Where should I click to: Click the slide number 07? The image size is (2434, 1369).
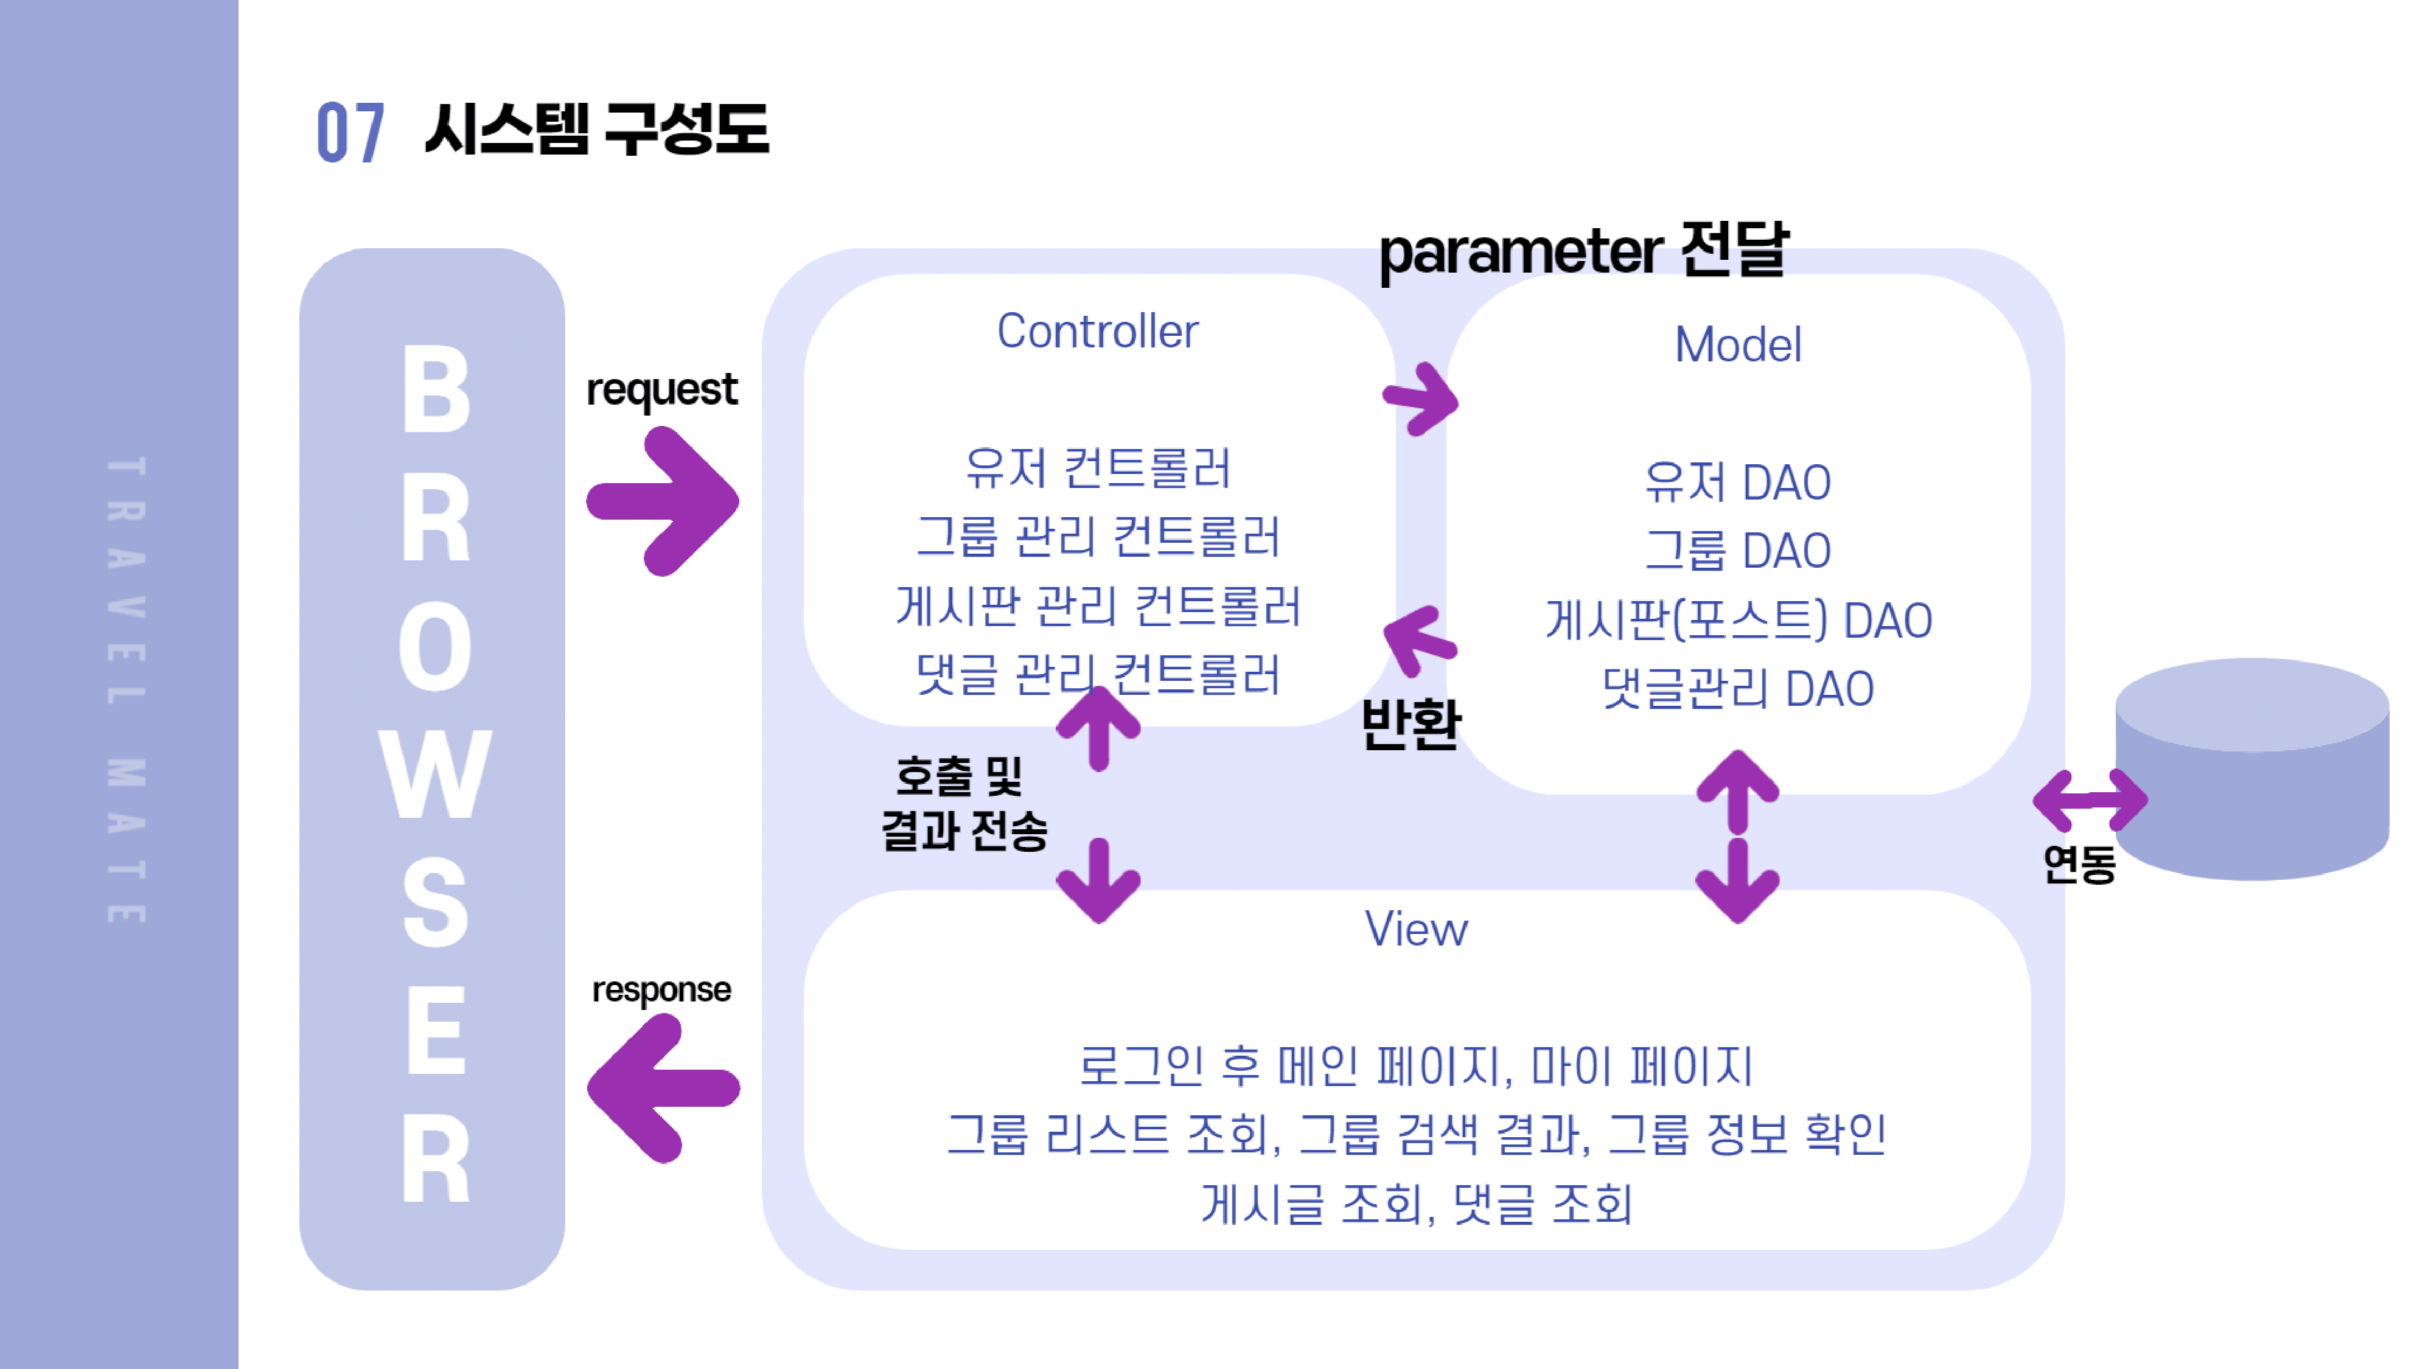pyautogui.click(x=350, y=132)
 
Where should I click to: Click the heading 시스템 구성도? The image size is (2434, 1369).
pyautogui.click(x=597, y=130)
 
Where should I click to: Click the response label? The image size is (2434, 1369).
pyautogui.click(x=661, y=989)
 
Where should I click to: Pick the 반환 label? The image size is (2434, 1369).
pyautogui.click(x=1410, y=725)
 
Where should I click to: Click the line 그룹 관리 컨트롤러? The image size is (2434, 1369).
pyautogui.click(x=1097, y=537)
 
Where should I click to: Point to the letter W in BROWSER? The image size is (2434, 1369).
pyautogui.click(x=434, y=775)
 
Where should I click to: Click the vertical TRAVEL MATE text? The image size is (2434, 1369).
pyautogui.click(x=126, y=690)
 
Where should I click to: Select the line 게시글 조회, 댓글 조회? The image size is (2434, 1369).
pyautogui.click(x=1415, y=1204)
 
